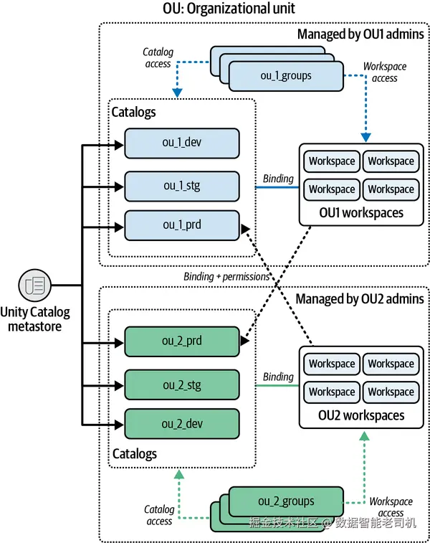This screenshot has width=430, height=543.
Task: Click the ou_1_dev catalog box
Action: (x=181, y=143)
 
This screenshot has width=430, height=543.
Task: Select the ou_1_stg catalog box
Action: (x=181, y=186)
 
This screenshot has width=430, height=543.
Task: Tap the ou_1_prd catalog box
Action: (x=181, y=225)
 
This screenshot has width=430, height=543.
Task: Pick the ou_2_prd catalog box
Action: (x=181, y=341)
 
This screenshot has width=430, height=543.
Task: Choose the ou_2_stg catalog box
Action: (x=181, y=385)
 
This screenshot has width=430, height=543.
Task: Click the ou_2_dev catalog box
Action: (x=181, y=424)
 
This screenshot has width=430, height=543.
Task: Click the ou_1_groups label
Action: (x=285, y=75)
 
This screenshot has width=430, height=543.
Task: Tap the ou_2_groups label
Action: (x=285, y=501)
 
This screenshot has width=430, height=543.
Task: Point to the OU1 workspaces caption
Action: (x=361, y=212)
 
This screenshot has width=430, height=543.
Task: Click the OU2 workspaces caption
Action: (x=361, y=415)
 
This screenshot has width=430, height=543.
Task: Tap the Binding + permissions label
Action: (x=226, y=276)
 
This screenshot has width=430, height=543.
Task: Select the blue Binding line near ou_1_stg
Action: (x=277, y=188)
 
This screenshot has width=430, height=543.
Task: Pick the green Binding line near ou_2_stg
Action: (x=277, y=387)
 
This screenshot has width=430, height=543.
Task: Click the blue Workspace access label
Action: (x=384, y=72)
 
